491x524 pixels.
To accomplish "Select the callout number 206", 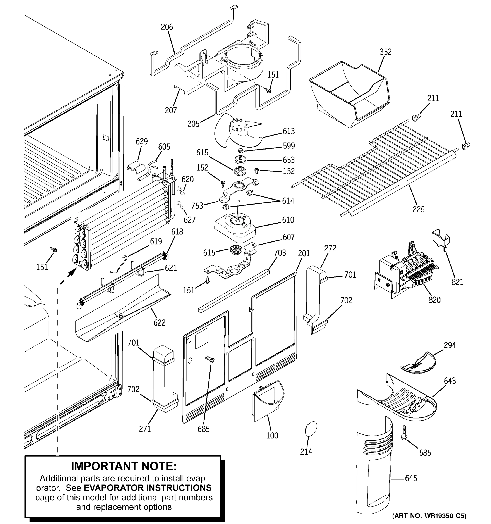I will coord(167,27).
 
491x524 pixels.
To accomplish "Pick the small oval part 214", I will coord(311,429).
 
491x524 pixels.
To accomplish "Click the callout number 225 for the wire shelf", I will coord(418,209).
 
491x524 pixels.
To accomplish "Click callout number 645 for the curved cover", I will coord(411,478).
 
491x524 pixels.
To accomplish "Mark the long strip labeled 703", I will coord(234,290).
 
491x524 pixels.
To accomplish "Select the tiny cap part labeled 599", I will coord(240,151).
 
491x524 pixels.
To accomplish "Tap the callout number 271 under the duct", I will coord(145,429).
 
